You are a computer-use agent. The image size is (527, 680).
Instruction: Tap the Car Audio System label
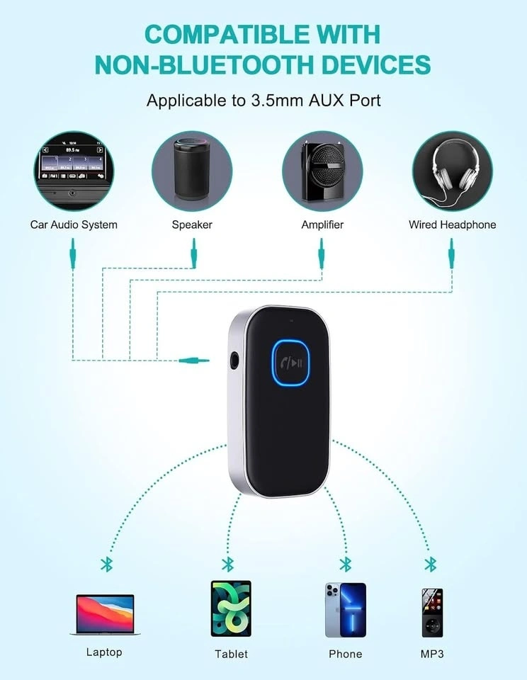point(74,225)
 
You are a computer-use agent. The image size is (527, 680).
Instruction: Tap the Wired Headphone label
point(452,225)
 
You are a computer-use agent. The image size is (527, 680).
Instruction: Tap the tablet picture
point(231,608)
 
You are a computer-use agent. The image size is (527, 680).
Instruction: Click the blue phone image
point(346,610)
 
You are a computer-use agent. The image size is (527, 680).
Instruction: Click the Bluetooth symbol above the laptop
point(107,564)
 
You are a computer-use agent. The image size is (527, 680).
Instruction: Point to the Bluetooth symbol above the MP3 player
point(430,564)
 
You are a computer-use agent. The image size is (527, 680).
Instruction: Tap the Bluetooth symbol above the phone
point(346,564)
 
